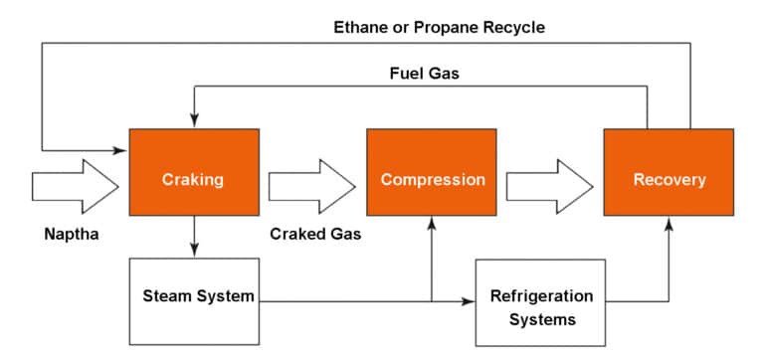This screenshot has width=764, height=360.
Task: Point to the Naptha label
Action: [x=72, y=236]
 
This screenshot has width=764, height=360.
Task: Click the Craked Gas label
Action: [x=315, y=236]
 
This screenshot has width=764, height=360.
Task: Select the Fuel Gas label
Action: [x=424, y=74]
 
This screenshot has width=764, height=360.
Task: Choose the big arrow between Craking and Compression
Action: [x=311, y=186]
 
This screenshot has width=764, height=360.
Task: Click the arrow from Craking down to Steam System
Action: [x=193, y=238]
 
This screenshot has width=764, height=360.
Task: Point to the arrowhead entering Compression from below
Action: [x=432, y=224]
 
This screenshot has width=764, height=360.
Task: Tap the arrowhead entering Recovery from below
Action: [x=668, y=224]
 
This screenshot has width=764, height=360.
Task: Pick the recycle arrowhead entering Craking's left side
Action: [x=122, y=150]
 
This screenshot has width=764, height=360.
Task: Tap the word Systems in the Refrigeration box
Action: [x=542, y=319]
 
